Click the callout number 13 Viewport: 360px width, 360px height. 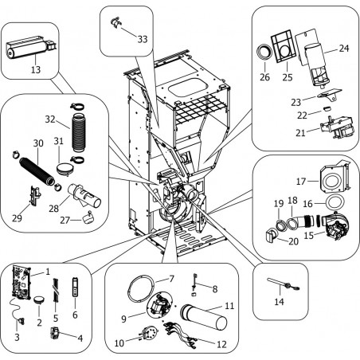pyautogui.click(x=36, y=69)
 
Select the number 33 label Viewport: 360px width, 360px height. pyautogui.click(x=143, y=39)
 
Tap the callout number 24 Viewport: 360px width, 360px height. pyautogui.click(x=344, y=48)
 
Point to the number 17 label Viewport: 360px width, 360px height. pyautogui.click(x=301, y=182)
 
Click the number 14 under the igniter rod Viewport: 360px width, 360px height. pyautogui.click(x=279, y=302)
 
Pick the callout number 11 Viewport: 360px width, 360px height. pyautogui.click(x=229, y=306)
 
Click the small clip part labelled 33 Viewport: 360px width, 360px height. pyautogui.click(x=115, y=22)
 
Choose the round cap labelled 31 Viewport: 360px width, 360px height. pyautogui.click(x=65, y=169)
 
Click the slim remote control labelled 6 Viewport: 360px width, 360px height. pyautogui.click(x=75, y=287)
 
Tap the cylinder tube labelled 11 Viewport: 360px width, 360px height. pyautogui.click(x=203, y=318)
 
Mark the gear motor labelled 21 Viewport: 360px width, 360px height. pyautogui.click(x=336, y=127)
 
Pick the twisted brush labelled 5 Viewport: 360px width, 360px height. pyautogui.click(x=56, y=290)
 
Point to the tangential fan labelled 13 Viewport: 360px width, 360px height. pyautogui.click(x=29, y=47)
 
